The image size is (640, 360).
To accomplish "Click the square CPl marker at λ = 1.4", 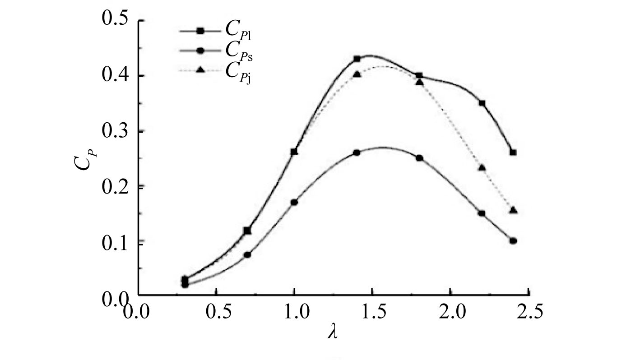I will click(x=357, y=59).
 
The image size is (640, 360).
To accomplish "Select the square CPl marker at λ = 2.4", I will click(x=513, y=152).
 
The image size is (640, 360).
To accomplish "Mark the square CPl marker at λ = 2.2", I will click(x=482, y=103).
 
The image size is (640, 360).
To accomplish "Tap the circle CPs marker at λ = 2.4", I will click(x=513, y=241).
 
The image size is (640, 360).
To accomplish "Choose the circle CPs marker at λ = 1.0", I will click(x=294, y=202).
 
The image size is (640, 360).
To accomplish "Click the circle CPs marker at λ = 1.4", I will click(x=357, y=152).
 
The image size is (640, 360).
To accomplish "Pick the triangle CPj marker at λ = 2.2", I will click(x=482, y=167).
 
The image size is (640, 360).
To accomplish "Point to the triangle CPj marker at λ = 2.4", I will click(x=513, y=210).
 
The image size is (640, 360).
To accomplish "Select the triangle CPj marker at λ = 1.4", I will click(x=357, y=74).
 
